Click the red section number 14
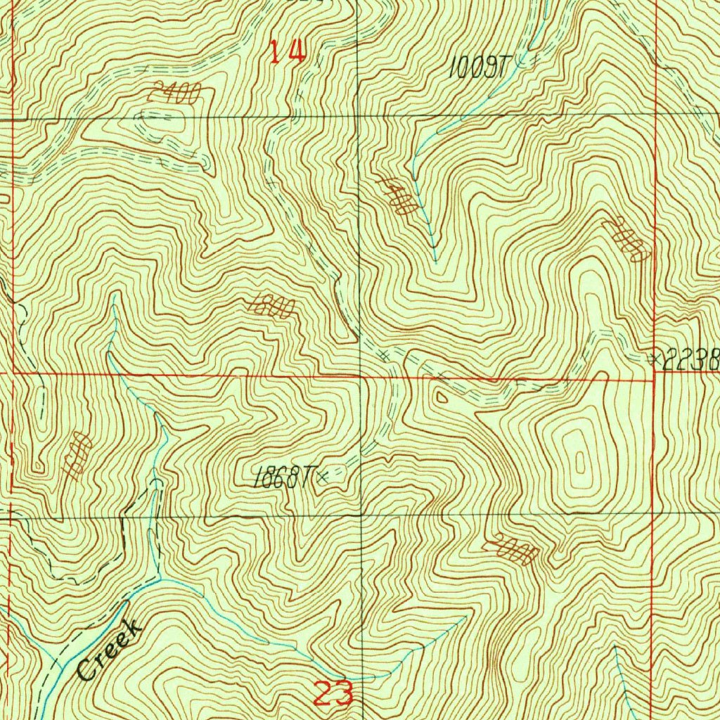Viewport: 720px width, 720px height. tap(288, 51)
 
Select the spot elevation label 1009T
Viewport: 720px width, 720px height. tap(479, 67)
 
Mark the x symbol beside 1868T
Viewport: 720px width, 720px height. tap(323, 478)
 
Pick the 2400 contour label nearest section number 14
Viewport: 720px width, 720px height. tap(174, 94)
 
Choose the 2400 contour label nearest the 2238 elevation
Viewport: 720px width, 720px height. tap(626, 240)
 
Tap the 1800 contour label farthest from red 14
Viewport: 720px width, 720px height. tap(77, 456)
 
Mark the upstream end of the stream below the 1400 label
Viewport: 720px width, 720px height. tap(435, 261)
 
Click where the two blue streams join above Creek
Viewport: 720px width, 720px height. tap(161, 578)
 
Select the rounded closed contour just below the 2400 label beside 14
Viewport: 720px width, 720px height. tap(165, 124)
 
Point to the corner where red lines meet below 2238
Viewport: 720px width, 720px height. tap(654, 380)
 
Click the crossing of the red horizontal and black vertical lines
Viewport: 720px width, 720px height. tap(361, 376)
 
